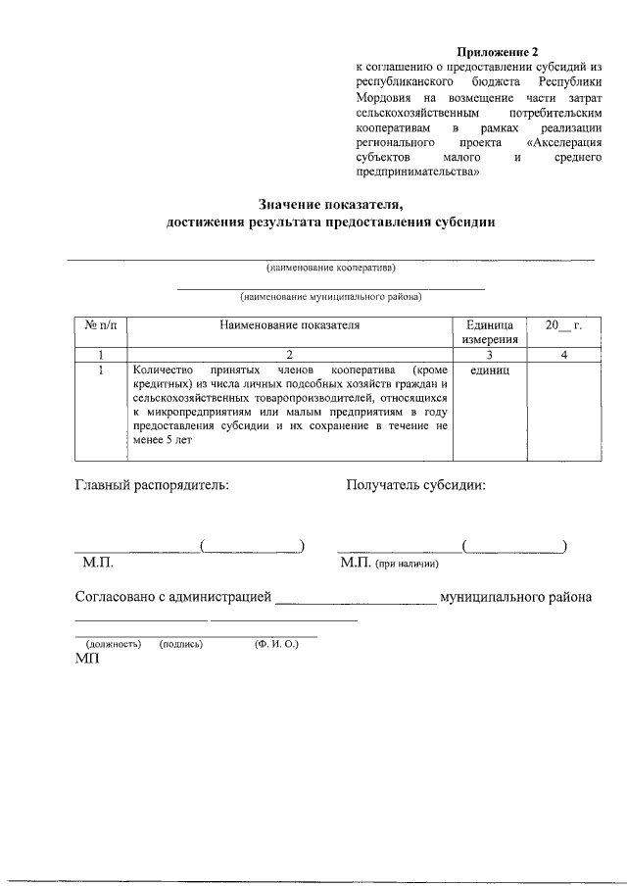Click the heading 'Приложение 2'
pos(498,51)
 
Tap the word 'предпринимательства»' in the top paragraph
pos(417,172)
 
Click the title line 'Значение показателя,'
pos(331,204)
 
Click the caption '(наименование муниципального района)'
pos(331,296)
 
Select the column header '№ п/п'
pos(102,324)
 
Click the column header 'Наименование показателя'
pos(290,324)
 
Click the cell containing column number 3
pos(489,355)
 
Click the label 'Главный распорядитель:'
pos(152,484)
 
